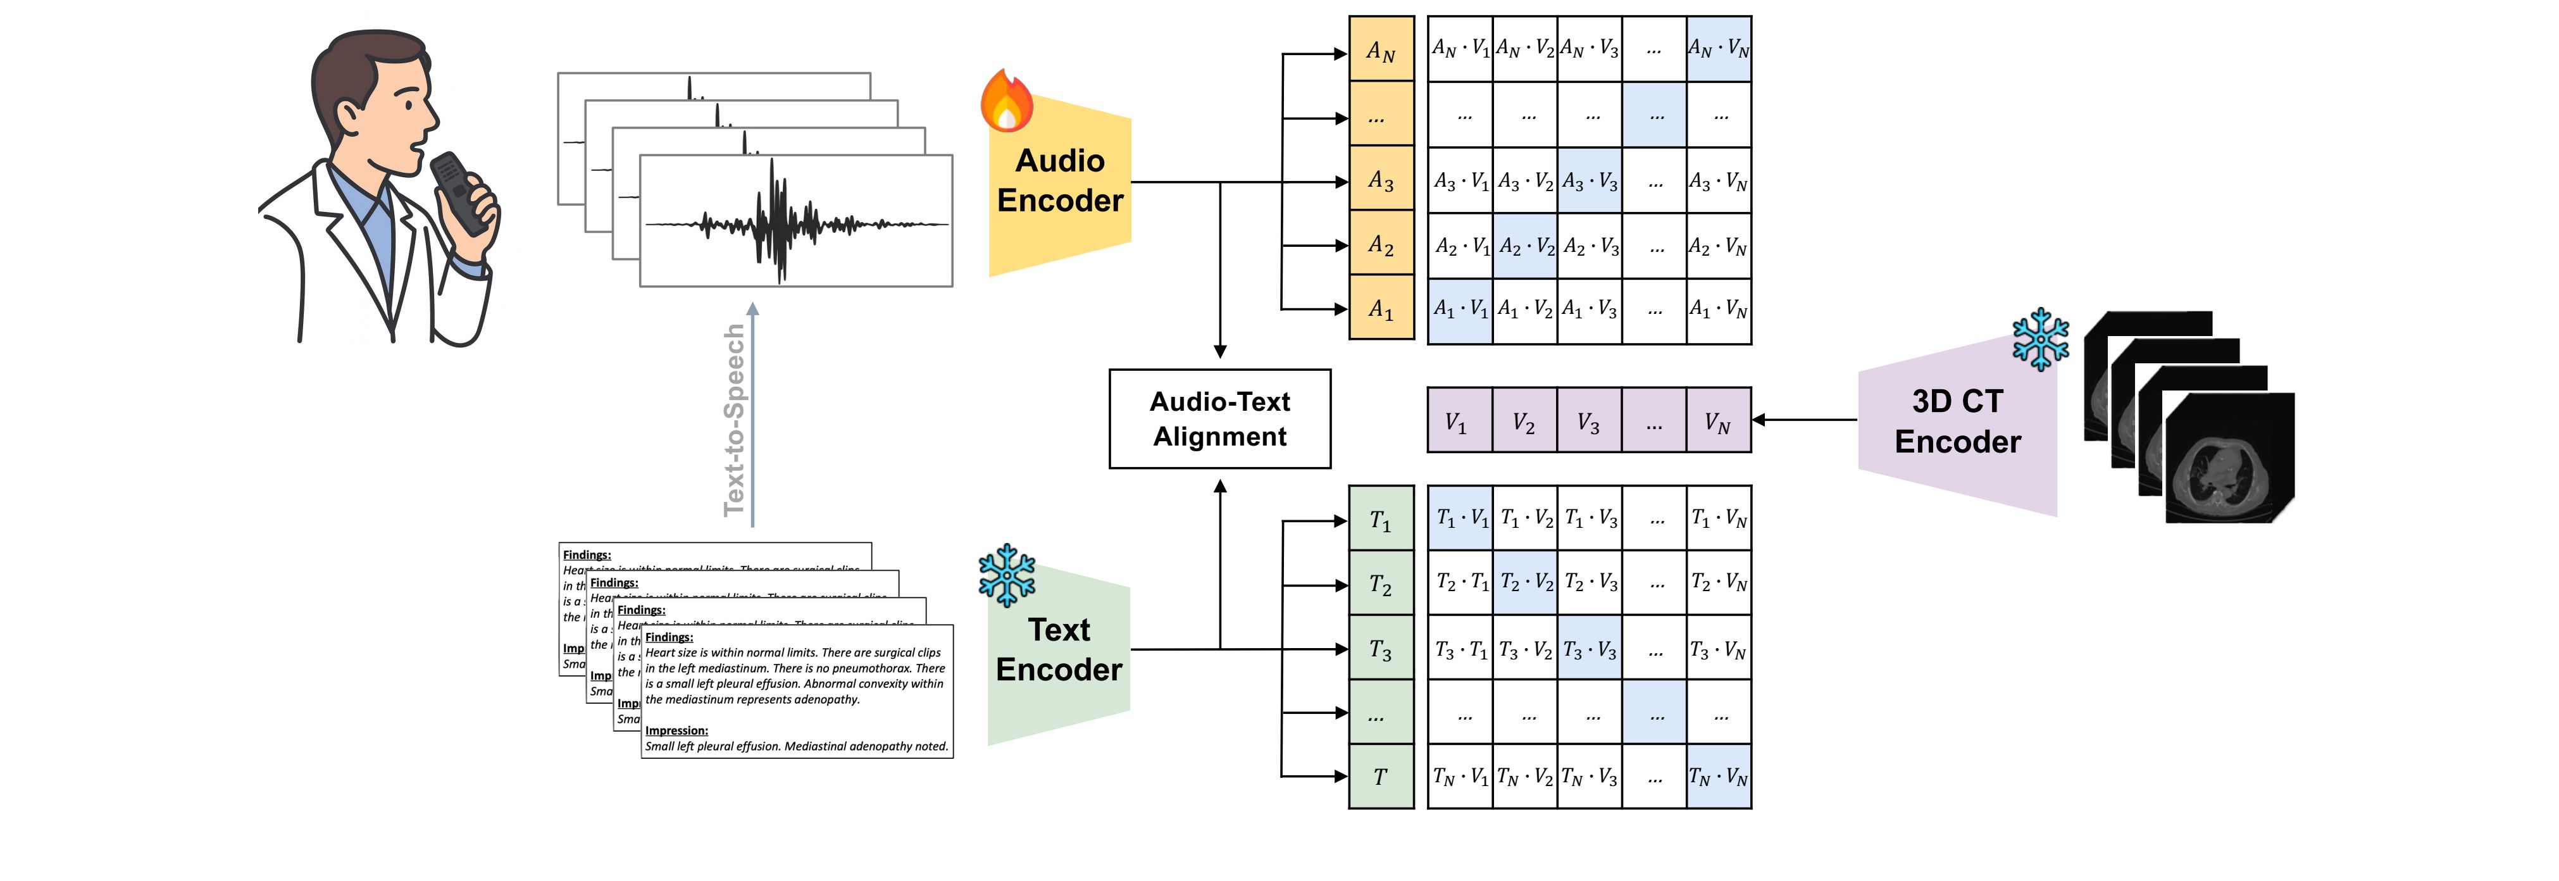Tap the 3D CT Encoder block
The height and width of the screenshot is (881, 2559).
pos(1957,422)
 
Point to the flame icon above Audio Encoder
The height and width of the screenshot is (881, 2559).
pos(1006,101)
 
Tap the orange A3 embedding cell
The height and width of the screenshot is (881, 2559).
pos(1381,181)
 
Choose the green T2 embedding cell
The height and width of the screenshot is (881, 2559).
pos(1381,584)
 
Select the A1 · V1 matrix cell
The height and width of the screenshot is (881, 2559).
pos(1460,310)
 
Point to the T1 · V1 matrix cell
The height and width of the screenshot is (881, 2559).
pos(1460,518)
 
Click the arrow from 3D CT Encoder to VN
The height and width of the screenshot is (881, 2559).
pos(1803,420)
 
